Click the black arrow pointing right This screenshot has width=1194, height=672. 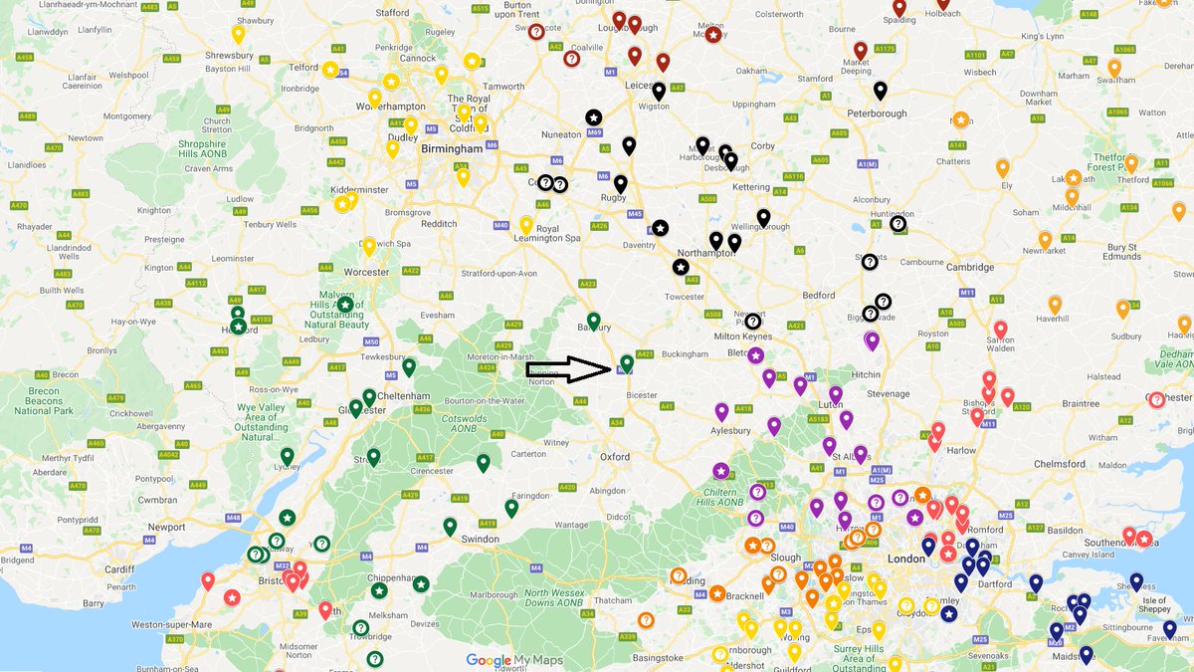coord(567,370)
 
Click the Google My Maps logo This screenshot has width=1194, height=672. coord(514,660)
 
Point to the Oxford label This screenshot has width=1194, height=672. coord(614,457)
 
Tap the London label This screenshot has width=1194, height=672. coord(906,559)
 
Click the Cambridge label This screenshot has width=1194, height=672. coord(969,267)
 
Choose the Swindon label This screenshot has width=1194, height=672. coord(481,539)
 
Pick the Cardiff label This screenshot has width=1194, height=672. coord(118,569)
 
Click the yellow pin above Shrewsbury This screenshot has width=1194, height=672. coord(238,34)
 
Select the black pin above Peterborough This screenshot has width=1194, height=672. coord(880,92)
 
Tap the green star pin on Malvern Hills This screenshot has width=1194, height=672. coord(344,305)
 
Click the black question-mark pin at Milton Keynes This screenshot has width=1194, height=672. coord(752,322)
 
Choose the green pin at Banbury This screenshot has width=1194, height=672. coord(594,321)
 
